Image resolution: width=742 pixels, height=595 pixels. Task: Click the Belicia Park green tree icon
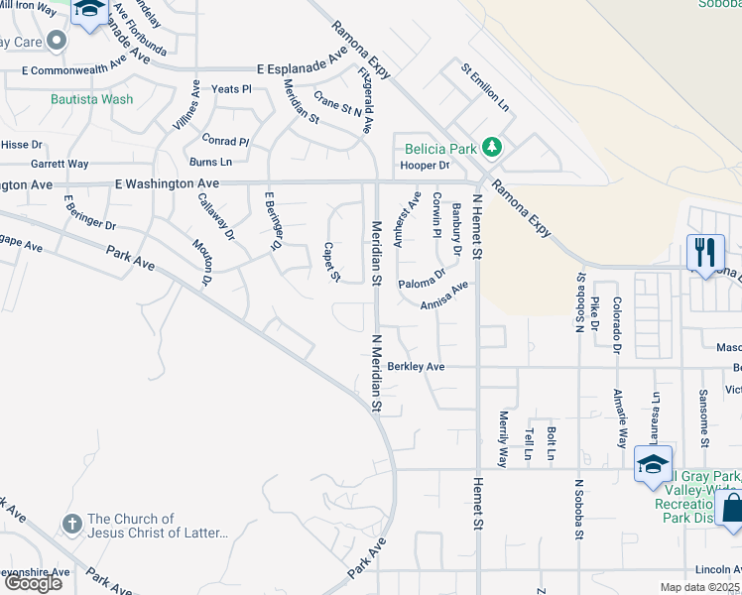(x=491, y=149)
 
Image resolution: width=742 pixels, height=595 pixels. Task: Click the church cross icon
(x=71, y=523)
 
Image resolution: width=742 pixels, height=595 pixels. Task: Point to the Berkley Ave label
(x=416, y=366)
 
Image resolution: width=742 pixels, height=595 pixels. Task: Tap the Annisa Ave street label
(x=443, y=296)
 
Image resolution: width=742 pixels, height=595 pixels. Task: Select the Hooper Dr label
(x=425, y=166)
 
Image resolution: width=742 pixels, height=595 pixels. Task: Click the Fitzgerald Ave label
(x=366, y=100)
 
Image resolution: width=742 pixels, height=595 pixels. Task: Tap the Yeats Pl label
(x=232, y=89)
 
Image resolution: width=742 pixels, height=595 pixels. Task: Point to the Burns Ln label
(x=210, y=161)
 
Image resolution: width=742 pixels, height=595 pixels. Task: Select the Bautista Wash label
(x=92, y=99)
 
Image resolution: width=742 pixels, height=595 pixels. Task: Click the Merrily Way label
(x=503, y=438)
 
